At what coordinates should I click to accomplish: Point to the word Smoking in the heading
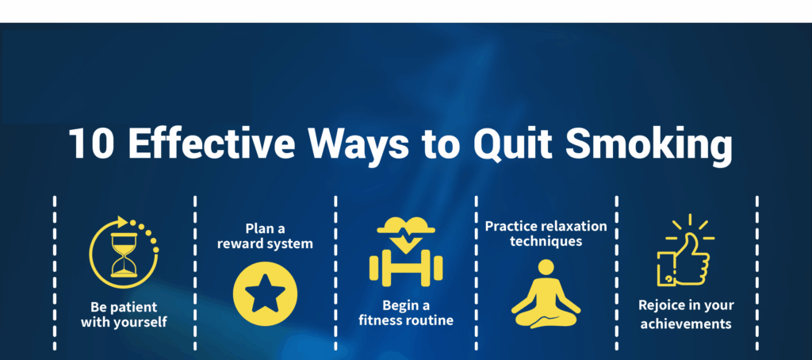tap(649, 146)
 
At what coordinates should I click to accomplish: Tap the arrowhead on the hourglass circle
tap(123, 222)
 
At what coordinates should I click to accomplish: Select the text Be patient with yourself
tap(124, 315)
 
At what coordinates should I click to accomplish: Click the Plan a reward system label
tap(265, 236)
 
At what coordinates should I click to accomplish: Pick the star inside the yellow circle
tap(265, 293)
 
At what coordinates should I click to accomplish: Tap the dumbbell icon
tap(406, 268)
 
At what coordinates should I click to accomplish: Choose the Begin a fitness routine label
tap(406, 313)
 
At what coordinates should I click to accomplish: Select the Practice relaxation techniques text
tap(546, 234)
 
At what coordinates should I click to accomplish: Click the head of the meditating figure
tap(546, 267)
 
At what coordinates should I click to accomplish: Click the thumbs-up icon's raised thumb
tap(691, 243)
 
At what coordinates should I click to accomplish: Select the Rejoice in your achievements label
tap(686, 315)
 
